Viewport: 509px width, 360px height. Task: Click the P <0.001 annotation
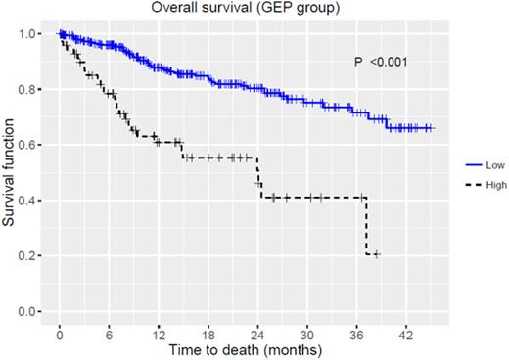point(381,63)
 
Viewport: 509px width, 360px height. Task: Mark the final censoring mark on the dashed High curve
point(376,254)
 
